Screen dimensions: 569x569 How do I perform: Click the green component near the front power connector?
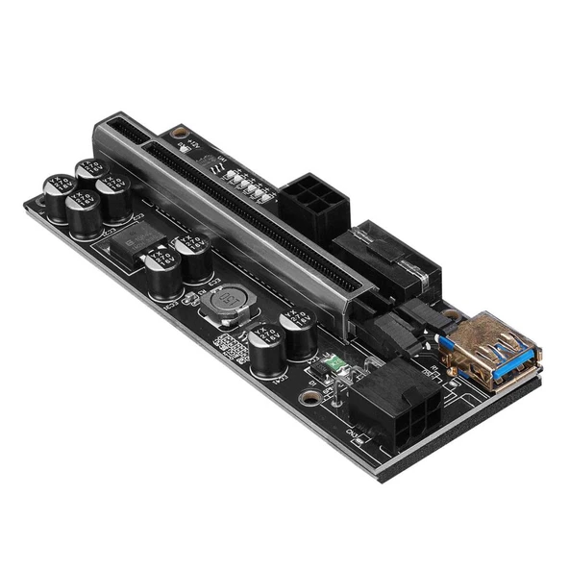pyautogui.click(x=333, y=364)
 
